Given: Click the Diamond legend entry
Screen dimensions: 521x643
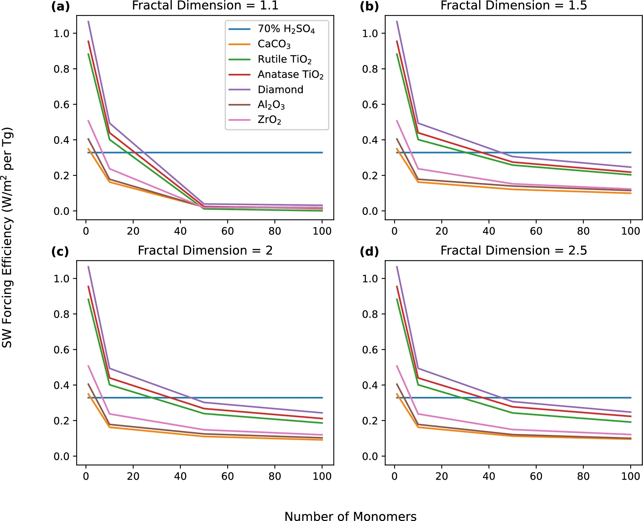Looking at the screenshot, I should pos(280,90).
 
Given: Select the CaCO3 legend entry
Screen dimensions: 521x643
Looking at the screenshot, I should pos(274,44).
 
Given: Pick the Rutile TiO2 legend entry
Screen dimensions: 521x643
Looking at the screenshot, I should pos(284,59).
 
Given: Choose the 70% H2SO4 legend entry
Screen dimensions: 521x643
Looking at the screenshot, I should pos(286,29).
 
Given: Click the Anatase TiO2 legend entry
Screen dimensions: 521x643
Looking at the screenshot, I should pos(290,75).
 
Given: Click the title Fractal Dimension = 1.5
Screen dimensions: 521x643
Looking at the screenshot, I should pos(513,5).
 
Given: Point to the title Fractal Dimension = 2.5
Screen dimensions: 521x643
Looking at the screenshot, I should pos(513,250).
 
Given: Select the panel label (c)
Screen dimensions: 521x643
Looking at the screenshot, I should pos(60,252).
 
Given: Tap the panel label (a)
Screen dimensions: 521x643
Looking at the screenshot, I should pos(60,6).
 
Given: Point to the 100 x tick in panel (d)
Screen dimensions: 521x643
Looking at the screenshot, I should pos(630,476).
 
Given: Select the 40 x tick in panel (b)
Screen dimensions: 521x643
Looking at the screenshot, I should pos(489,231).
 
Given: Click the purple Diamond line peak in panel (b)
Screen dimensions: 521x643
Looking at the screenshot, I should pos(397,21).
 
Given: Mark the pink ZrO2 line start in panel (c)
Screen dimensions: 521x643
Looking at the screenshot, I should pos(88,366).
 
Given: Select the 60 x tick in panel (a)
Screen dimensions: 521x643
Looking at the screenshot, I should pos(227,231).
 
